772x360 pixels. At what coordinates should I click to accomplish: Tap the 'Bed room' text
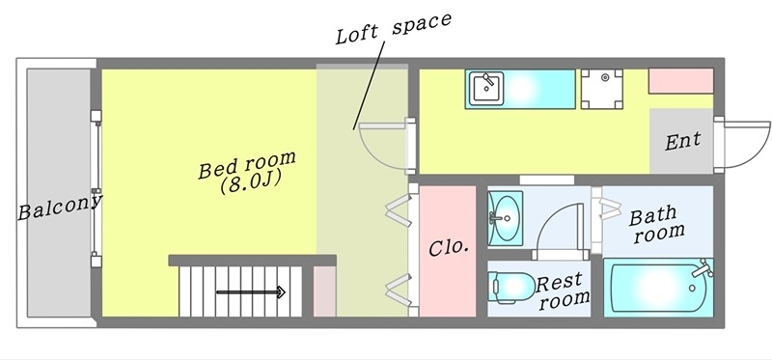point(247,165)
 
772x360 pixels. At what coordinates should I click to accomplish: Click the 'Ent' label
point(683,141)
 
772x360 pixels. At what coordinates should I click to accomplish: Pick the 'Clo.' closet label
point(449,246)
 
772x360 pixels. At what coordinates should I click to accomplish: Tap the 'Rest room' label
point(563,291)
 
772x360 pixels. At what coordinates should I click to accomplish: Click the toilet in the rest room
point(511,286)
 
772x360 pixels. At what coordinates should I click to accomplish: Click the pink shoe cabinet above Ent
point(679,80)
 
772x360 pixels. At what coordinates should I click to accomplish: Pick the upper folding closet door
point(397,210)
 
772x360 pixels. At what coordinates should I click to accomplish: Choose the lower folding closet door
point(397,287)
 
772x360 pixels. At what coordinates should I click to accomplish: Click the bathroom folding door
point(610,205)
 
